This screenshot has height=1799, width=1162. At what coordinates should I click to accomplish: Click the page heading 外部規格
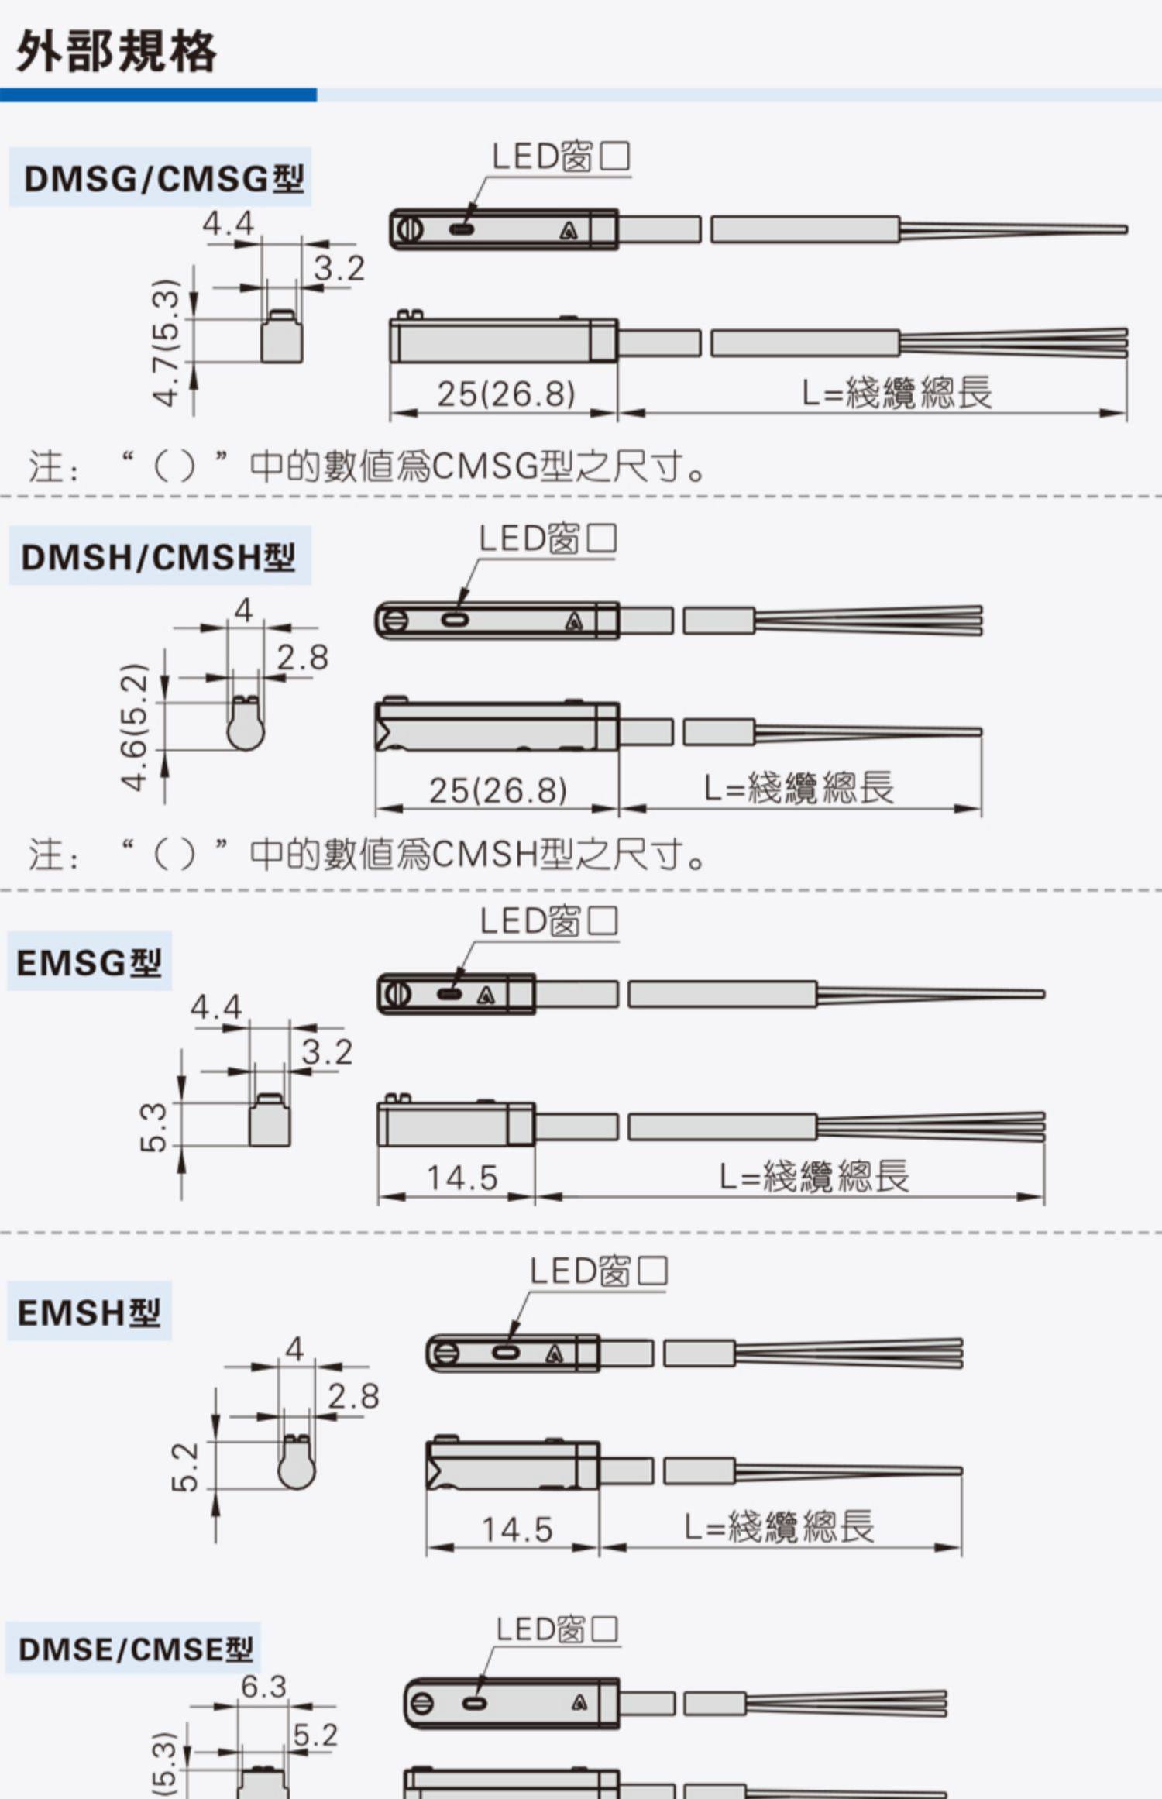[x=116, y=52]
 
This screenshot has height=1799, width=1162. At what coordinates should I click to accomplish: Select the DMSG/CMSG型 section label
[x=163, y=179]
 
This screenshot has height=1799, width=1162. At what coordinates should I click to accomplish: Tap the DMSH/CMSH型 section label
[x=158, y=557]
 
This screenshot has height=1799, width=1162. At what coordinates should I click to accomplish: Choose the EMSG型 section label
[x=89, y=963]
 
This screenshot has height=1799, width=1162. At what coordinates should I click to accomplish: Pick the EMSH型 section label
[x=89, y=1312]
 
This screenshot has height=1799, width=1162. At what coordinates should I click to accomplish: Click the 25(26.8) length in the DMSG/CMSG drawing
[x=506, y=394]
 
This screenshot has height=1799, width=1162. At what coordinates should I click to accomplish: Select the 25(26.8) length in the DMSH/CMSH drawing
[x=498, y=790]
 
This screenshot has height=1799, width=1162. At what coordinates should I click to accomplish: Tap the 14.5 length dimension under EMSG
[x=462, y=1178]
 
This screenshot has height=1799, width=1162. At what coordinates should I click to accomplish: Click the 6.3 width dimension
[x=263, y=1687]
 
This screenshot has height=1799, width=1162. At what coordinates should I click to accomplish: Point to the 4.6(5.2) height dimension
[x=135, y=727]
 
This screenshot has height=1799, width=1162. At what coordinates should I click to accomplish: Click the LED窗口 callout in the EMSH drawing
[x=598, y=1271]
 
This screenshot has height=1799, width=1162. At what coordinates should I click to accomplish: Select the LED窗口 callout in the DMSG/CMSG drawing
[x=561, y=157]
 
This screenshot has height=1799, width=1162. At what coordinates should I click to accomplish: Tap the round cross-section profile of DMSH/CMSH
[x=246, y=725]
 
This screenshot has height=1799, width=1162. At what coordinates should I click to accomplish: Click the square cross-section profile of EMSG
[x=270, y=1120]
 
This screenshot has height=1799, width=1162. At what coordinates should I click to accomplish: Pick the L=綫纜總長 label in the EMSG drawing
[x=813, y=1177]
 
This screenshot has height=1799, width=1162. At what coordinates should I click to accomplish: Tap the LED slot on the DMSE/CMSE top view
[x=474, y=1704]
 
